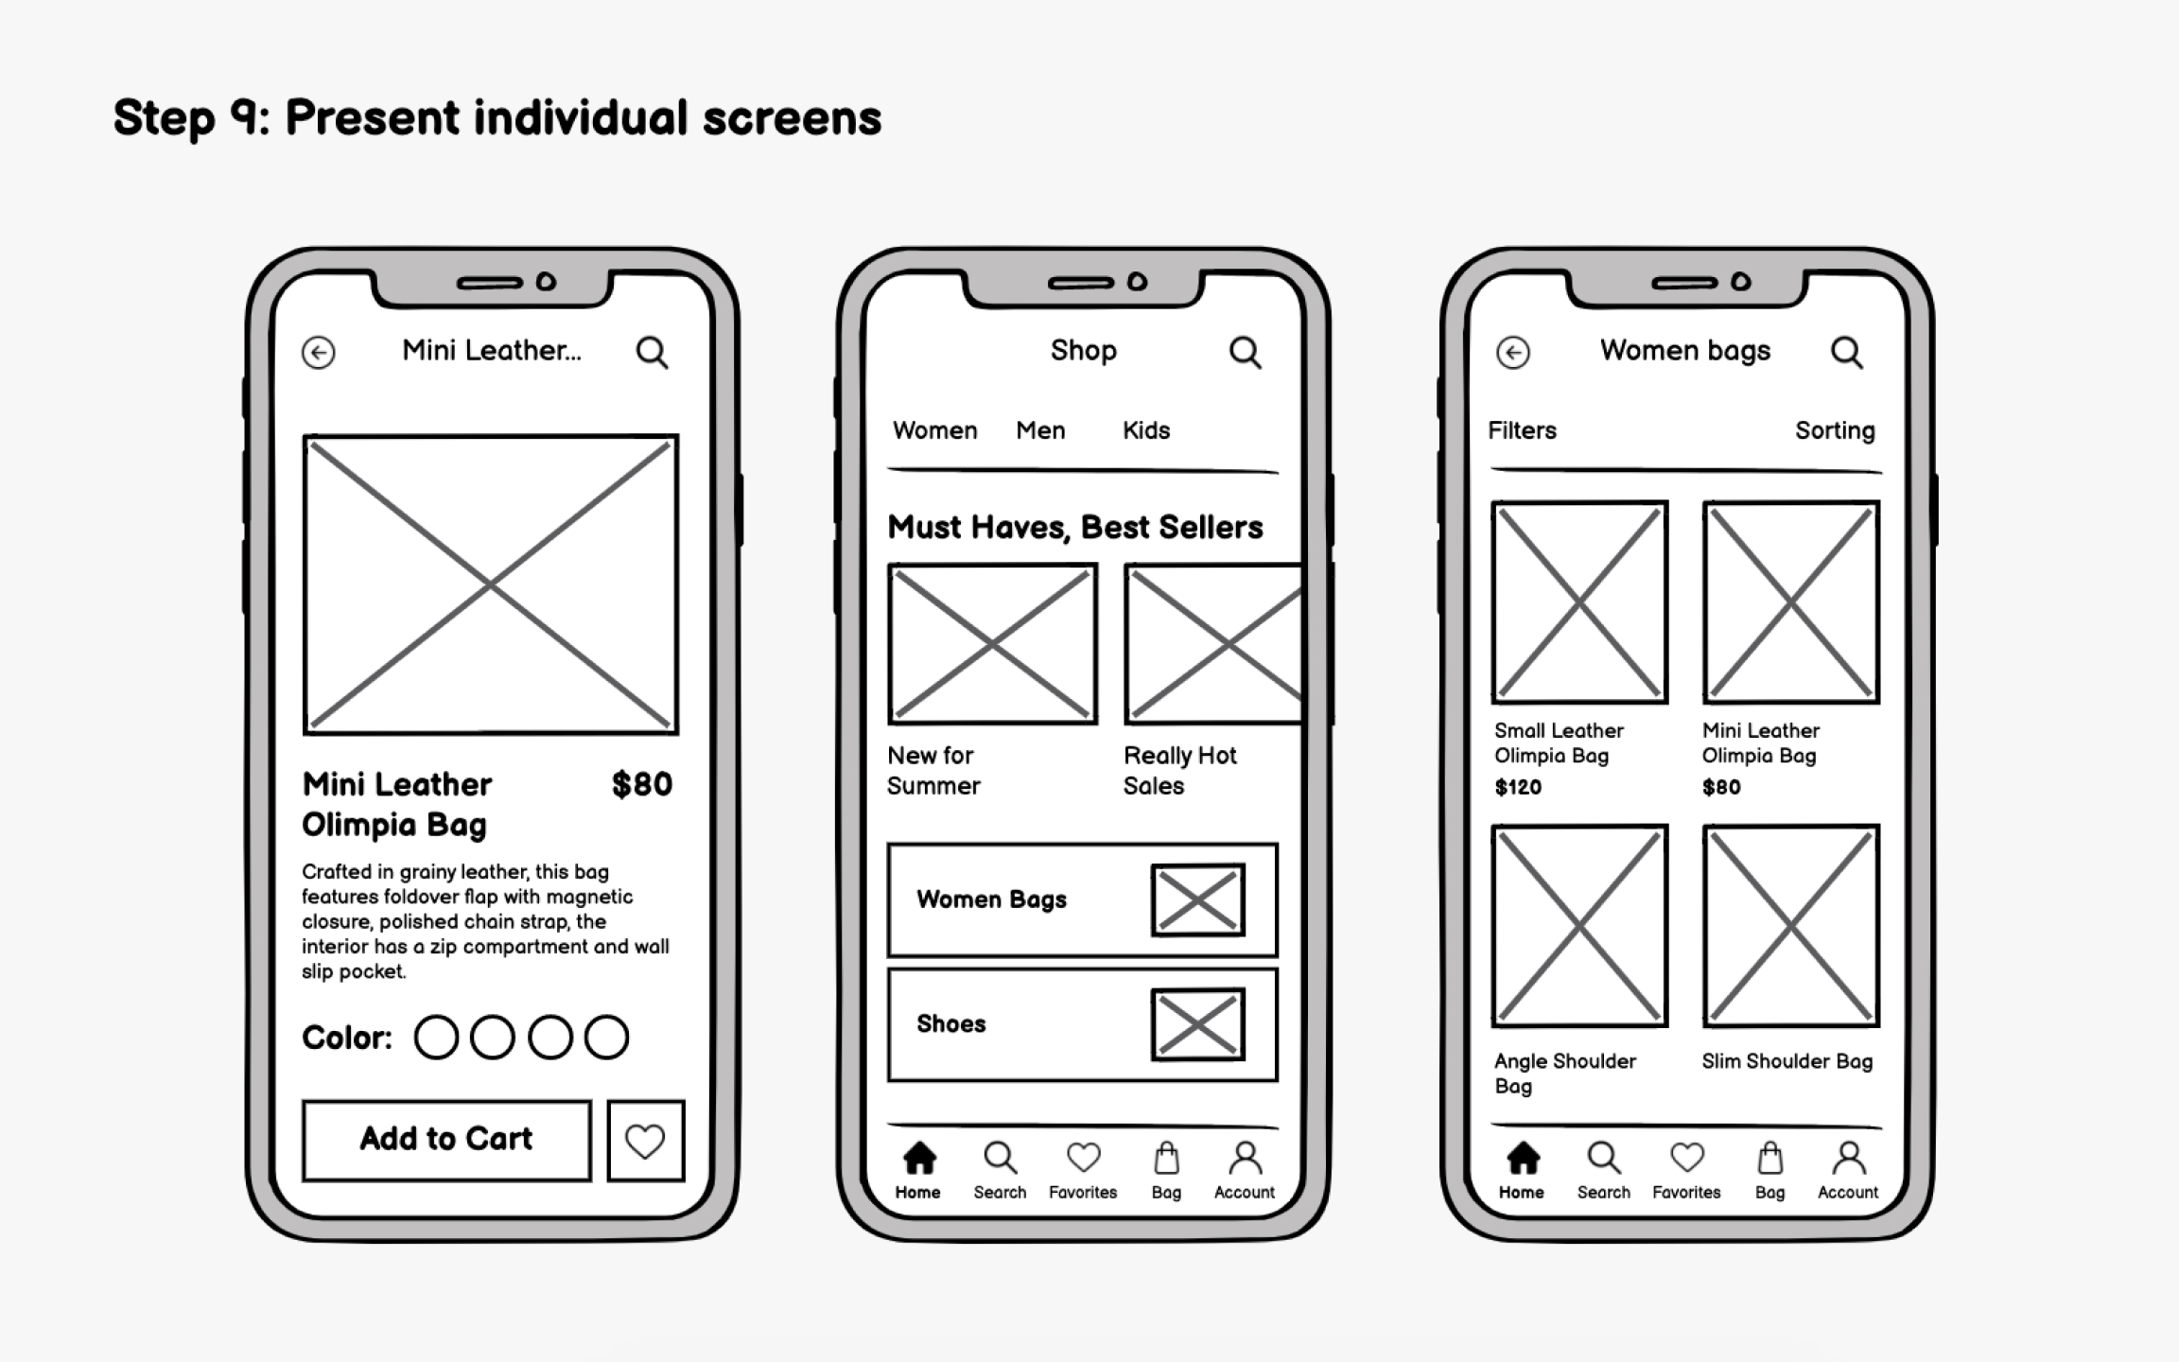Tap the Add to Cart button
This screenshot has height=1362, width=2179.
(x=446, y=1140)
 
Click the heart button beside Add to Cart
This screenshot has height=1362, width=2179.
(x=645, y=1141)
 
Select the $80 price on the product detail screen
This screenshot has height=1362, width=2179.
(x=641, y=784)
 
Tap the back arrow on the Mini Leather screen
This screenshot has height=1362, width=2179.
(x=319, y=353)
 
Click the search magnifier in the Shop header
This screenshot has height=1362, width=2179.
(x=1245, y=353)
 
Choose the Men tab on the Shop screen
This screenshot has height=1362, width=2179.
(x=1040, y=430)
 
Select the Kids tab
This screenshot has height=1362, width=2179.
(x=1145, y=430)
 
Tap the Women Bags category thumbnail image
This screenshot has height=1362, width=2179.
(x=1197, y=899)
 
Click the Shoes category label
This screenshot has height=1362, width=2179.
(x=950, y=1024)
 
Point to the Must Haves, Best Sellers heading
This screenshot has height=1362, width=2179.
(x=1074, y=527)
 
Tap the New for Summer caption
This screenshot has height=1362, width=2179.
(x=933, y=770)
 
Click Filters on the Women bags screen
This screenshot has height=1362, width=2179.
(x=1522, y=430)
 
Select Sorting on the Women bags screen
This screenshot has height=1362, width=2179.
(x=1835, y=430)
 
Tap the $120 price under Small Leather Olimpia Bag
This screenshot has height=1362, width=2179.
(x=1518, y=787)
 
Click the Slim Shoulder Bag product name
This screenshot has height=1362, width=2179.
(x=1787, y=1061)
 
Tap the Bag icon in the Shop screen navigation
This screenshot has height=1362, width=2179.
(x=1166, y=1159)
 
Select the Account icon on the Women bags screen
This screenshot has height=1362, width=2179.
(x=1848, y=1159)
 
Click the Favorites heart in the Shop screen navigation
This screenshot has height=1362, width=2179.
(x=1083, y=1158)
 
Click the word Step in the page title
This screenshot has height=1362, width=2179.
(x=163, y=118)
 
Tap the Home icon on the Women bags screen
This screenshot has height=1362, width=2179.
(x=1522, y=1159)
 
